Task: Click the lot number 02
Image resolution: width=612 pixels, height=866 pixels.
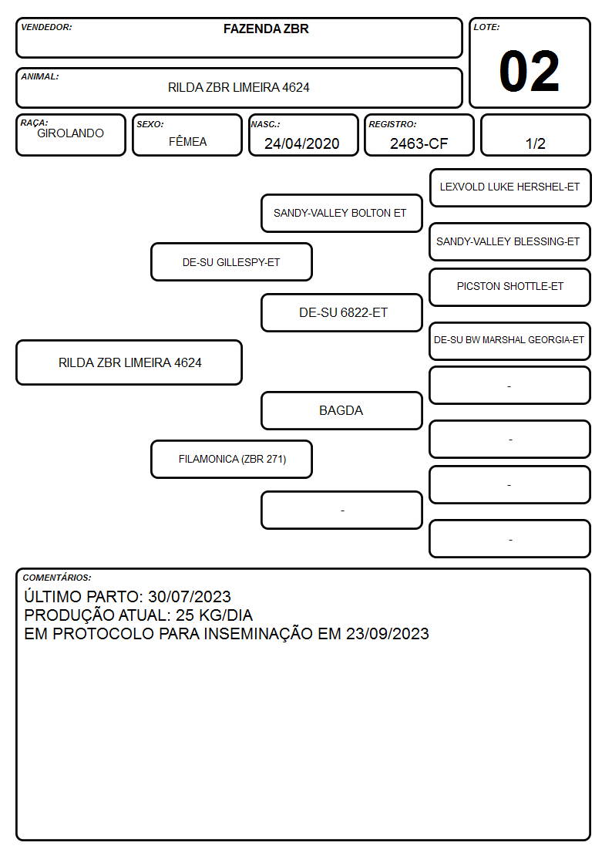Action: tap(530, 71)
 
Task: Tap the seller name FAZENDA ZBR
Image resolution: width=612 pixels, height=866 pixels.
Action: tap(266, 29)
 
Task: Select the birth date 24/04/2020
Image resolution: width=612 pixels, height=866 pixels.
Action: tap(302, 143)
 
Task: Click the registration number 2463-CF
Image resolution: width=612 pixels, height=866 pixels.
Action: tap(419, 143)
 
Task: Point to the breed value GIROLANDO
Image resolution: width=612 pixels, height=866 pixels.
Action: tap(70, 133)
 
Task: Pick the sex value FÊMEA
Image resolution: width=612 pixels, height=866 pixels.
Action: tap(187, 141)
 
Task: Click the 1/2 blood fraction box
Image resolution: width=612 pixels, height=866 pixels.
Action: tap(535, 135)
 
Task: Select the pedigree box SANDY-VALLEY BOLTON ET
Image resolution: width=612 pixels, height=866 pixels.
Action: tap(341, 213)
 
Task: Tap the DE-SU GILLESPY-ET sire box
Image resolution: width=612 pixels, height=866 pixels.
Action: tap(231, 261)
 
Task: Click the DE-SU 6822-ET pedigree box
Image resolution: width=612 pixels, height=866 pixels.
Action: tap(341, 312)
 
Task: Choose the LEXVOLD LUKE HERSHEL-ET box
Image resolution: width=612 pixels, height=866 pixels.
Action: tap(510, 188)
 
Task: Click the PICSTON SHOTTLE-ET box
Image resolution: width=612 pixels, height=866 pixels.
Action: tap(510, 287)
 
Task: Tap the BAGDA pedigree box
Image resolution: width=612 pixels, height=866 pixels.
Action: tap(341, 410)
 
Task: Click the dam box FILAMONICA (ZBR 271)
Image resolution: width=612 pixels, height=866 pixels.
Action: tap(231, 459)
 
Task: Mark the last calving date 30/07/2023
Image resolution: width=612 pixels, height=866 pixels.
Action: tap(190, 596)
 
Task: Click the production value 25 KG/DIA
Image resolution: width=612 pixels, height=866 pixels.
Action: tap(214, 615)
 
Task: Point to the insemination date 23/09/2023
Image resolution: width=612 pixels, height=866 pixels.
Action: tap(388, 633)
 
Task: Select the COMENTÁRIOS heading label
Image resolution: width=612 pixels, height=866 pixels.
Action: tap(57, 578)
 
